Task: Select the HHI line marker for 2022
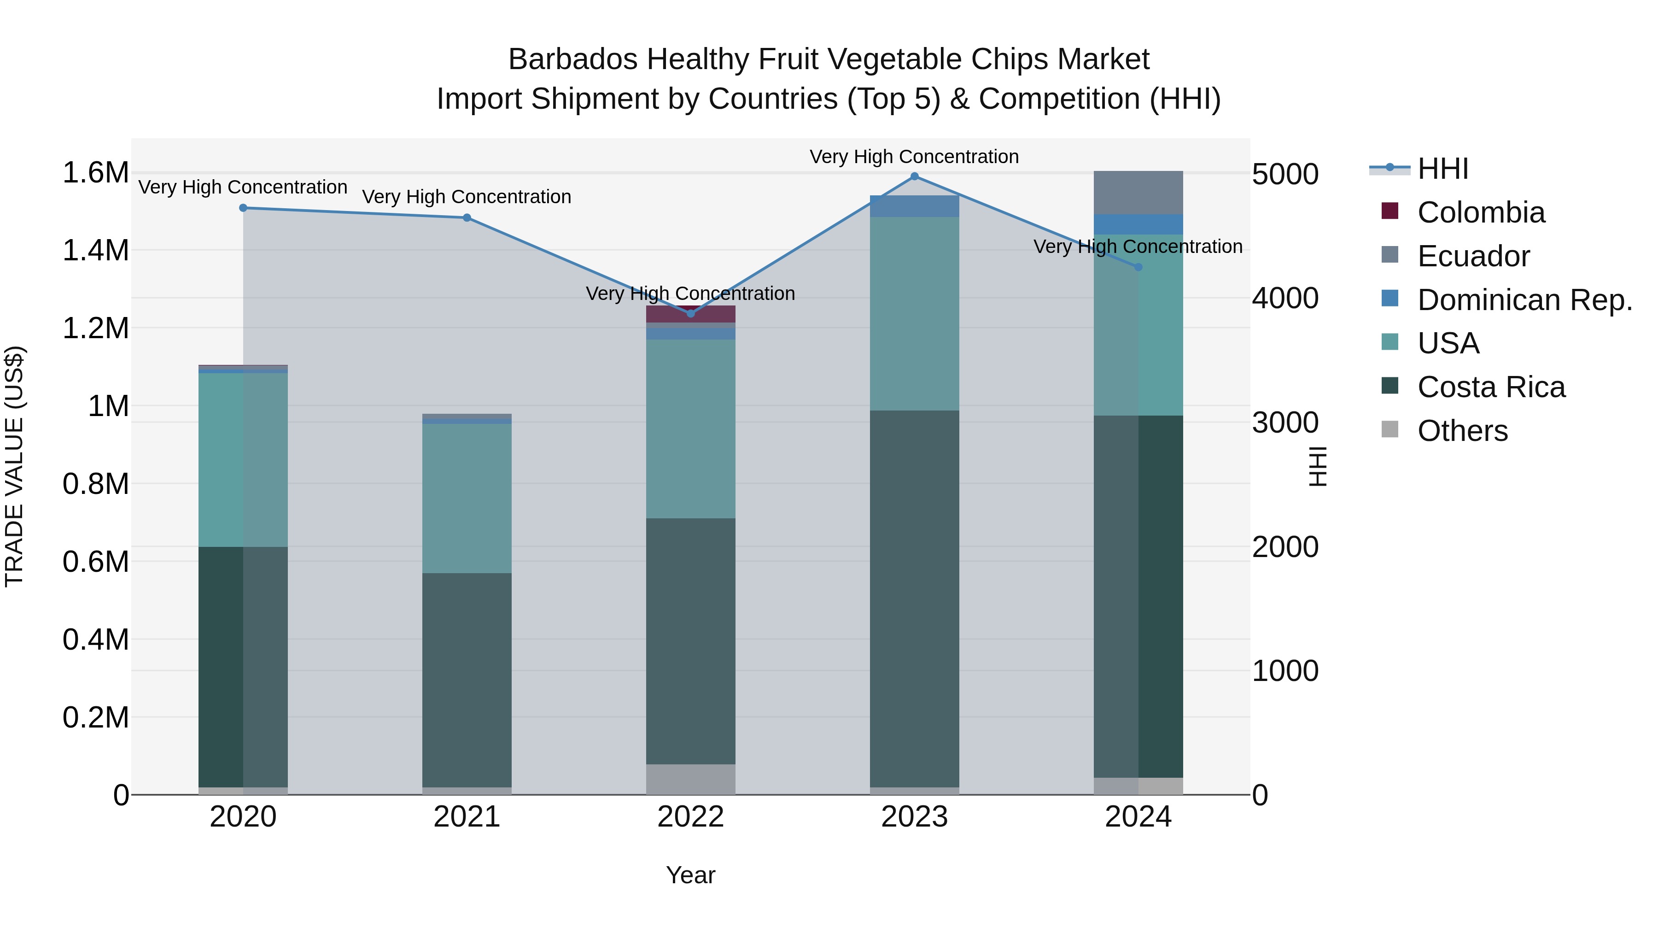691,314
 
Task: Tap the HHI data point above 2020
243,208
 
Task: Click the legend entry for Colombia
1480,212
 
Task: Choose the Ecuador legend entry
1473,256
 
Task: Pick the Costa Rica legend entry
1491,387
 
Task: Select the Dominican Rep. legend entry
1524,300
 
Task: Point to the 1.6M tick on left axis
95,173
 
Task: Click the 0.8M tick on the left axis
95,484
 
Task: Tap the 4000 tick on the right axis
1284,298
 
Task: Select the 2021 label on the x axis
467,817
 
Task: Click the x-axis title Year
691,875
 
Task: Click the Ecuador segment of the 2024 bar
1138,193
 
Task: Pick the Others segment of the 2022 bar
691,779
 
